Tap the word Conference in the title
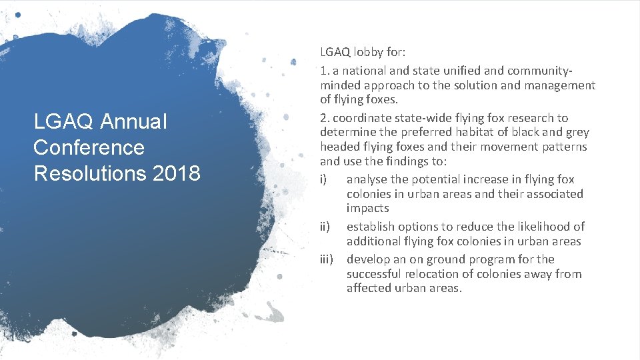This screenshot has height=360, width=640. (89, 147)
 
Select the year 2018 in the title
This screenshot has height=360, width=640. (176, 173)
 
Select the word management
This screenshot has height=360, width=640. (562, 85)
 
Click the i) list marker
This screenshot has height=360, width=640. (324, 179)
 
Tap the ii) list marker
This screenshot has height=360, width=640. (325, 227)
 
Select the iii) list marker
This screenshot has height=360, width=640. (327, 259)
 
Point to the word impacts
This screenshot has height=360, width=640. (367, 209)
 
